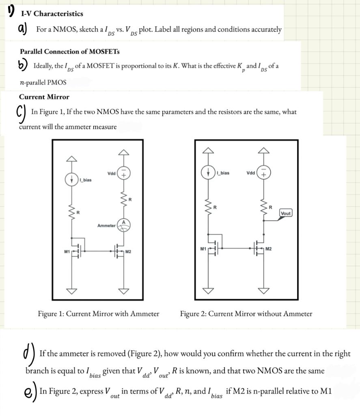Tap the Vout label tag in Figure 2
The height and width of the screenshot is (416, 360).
286,212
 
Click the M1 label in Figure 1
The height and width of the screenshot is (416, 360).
67,252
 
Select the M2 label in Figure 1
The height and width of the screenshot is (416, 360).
128,252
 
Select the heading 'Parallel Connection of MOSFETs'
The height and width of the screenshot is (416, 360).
69,52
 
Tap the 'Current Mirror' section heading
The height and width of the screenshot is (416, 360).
44,97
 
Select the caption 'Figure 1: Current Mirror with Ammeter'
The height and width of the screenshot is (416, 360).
98,314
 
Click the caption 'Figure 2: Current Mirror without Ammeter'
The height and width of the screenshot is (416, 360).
246,314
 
